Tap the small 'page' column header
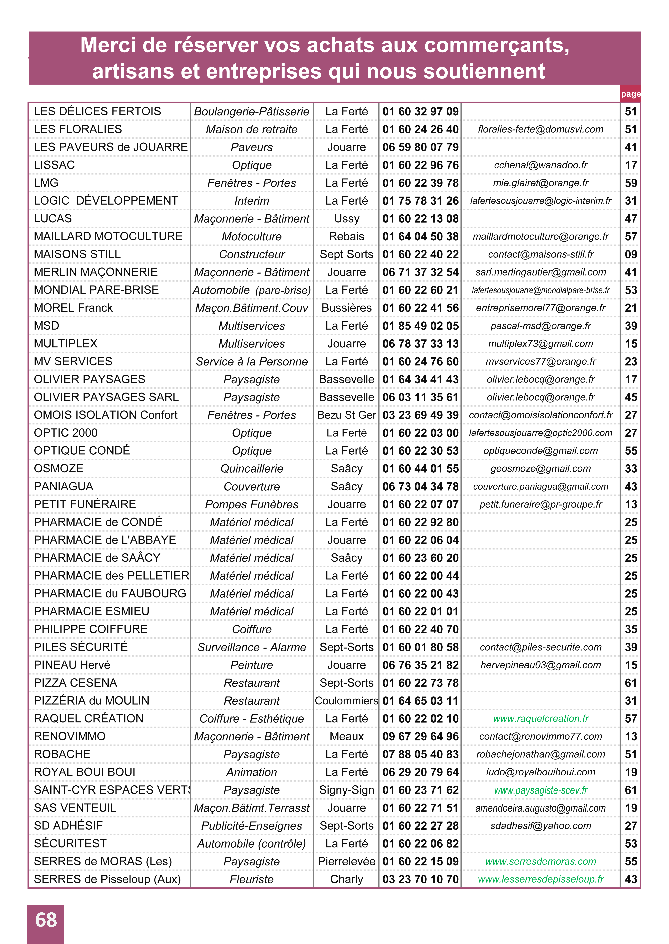point(630,94)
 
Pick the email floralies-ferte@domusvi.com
point(541,129)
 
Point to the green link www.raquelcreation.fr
point(541,718)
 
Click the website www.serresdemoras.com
point(541,861)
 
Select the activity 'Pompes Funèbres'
point(252,504)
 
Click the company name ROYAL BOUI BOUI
point(84,772)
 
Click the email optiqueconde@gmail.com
point(541,451)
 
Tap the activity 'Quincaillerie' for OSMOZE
point(252,469)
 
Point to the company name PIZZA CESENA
point(75,683)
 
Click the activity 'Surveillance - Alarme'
point(252,647)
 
